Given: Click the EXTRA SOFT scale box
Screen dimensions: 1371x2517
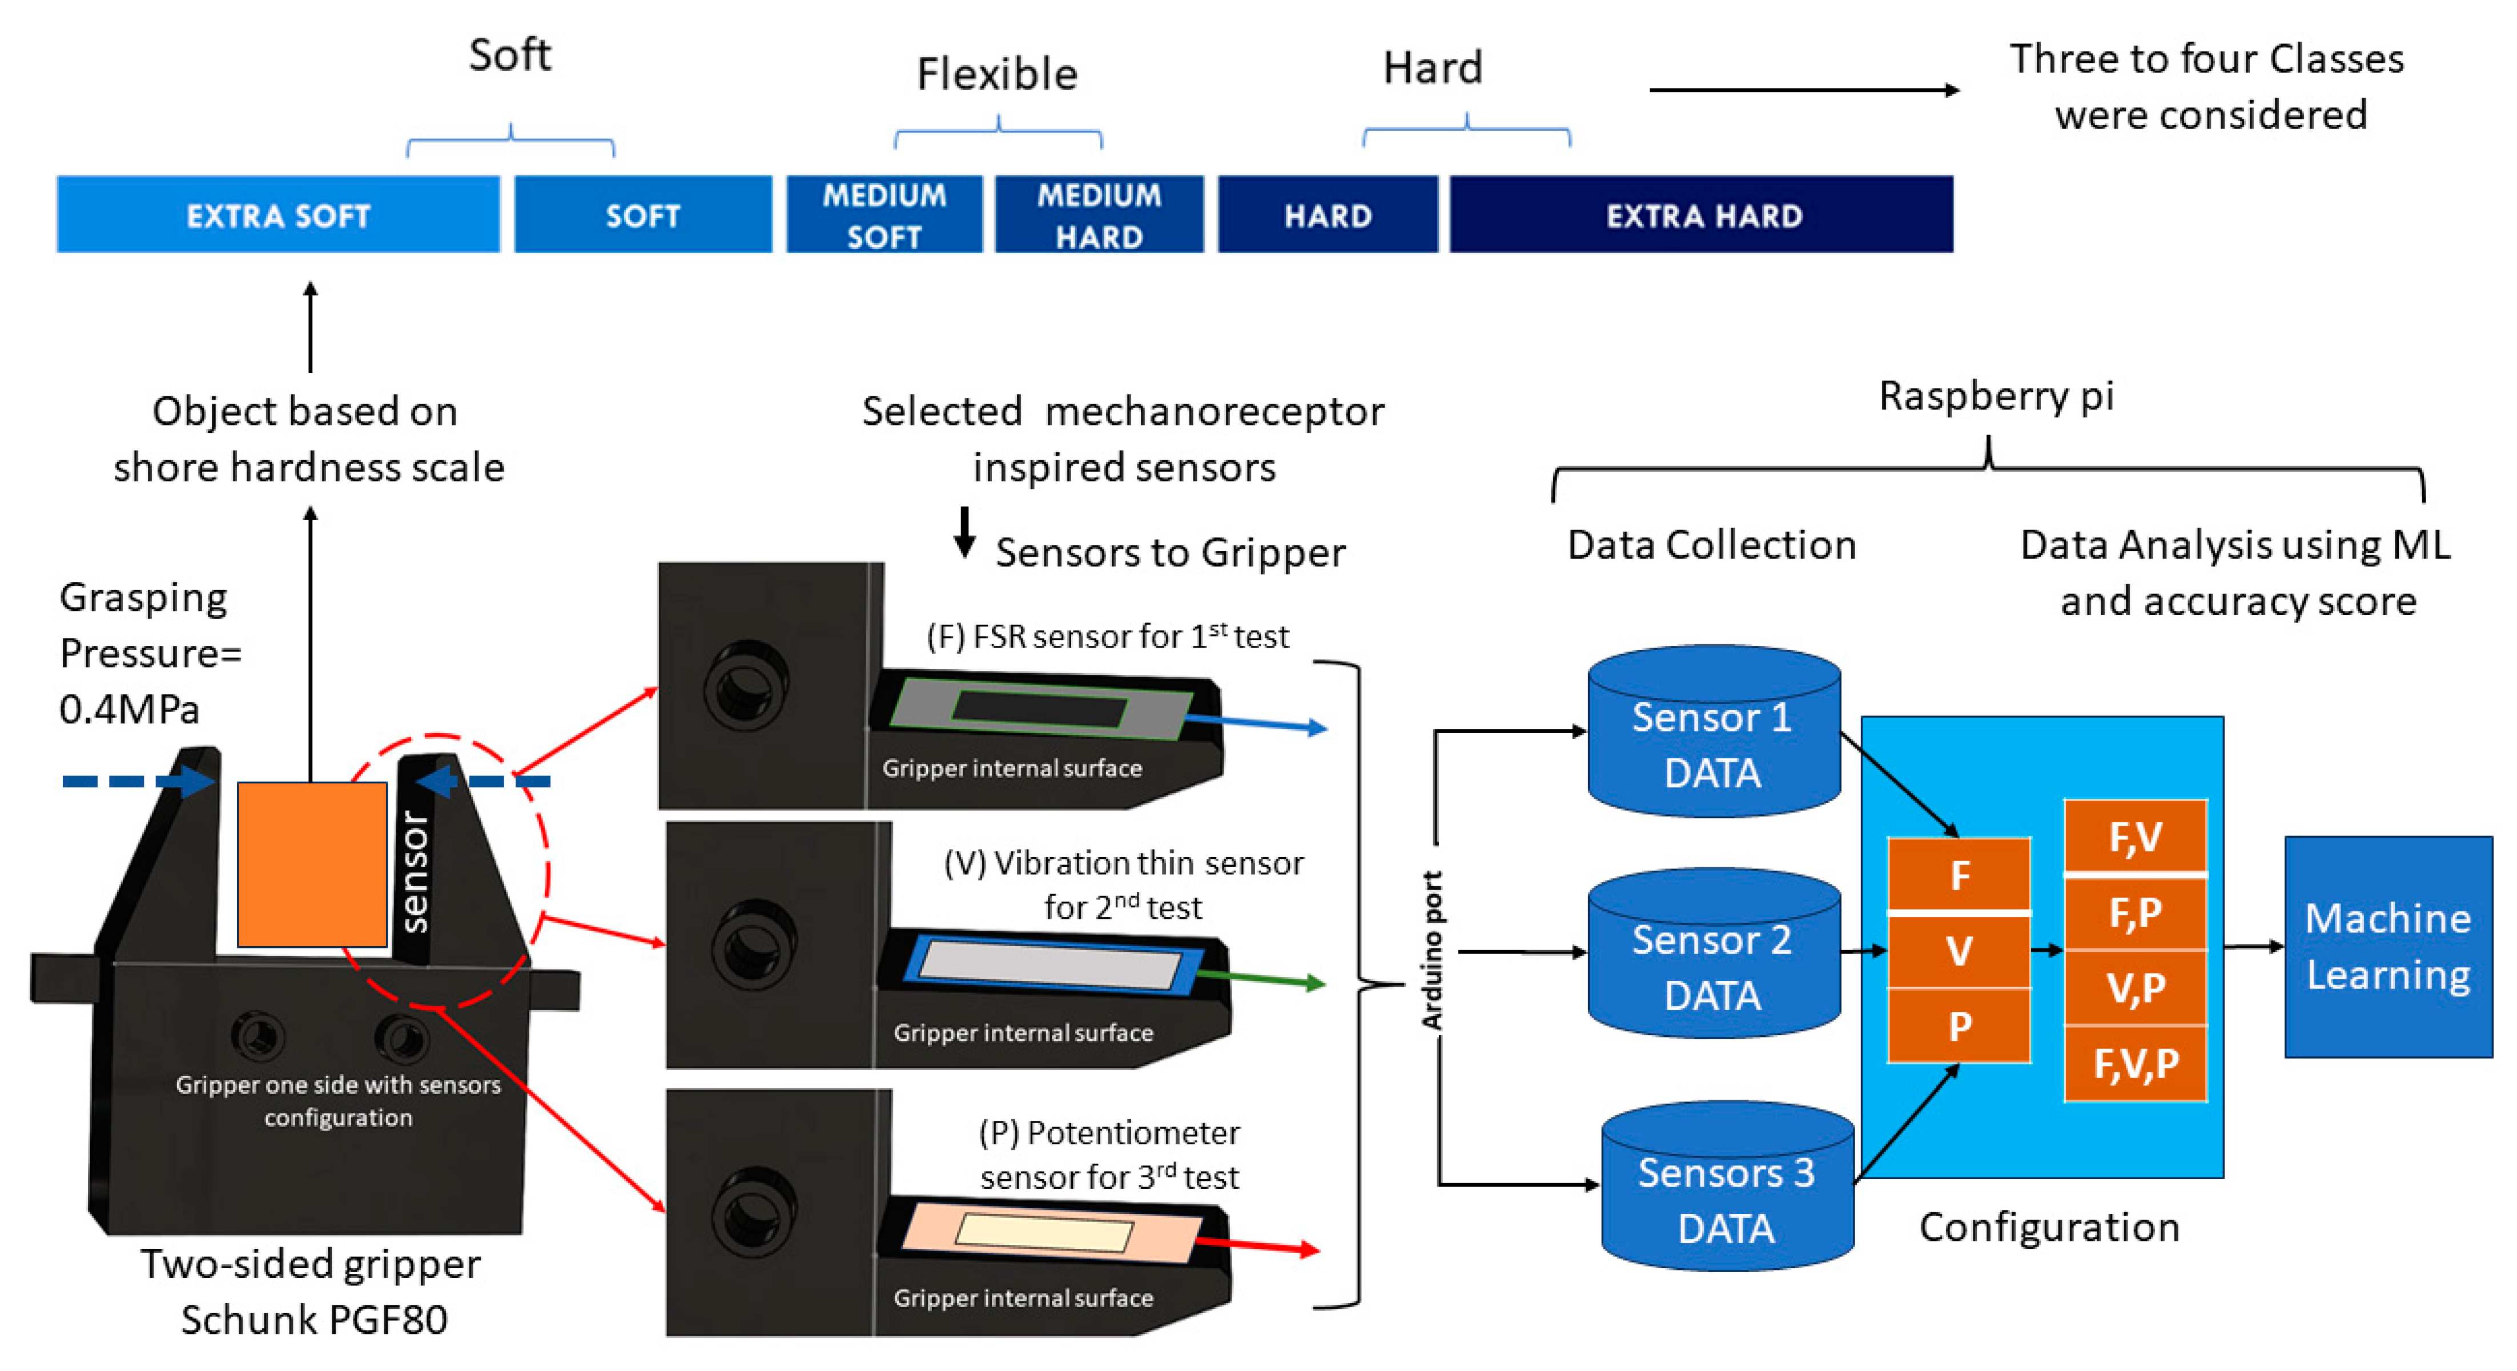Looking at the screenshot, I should click(x=279, y=215).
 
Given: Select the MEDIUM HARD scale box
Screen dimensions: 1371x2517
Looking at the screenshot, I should click(x=1099, y=215).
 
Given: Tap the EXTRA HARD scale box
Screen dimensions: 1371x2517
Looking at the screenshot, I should click(x=1702, y=215).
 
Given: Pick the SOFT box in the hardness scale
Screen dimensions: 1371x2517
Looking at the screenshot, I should click(x=643, y=215).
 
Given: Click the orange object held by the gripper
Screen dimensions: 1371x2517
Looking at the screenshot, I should click(x=312, y=865).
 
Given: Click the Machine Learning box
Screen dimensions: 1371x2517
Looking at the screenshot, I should click(x=2388, y=946).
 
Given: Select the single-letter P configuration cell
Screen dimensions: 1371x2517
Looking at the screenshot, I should click(x=1959, y=1026).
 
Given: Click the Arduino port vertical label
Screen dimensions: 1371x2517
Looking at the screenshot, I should click(x=1432, y=950).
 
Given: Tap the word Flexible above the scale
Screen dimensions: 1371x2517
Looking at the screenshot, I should click(x=996, y=74).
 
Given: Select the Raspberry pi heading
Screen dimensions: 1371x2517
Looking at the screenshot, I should click(x=1996, y=396).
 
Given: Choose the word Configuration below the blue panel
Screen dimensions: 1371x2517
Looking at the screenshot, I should click(x=2049, y=1227).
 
